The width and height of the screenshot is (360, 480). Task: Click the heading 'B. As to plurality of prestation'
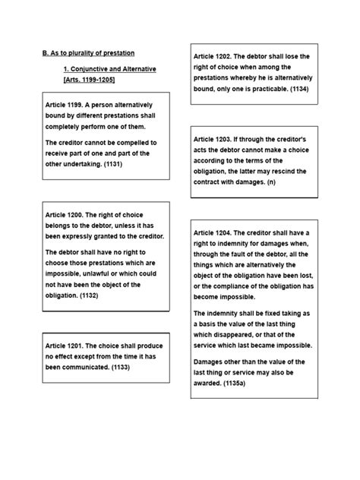point(88,53)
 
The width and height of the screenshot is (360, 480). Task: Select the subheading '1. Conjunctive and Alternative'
point(109,69)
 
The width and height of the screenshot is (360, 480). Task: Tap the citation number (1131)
point(109,163)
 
